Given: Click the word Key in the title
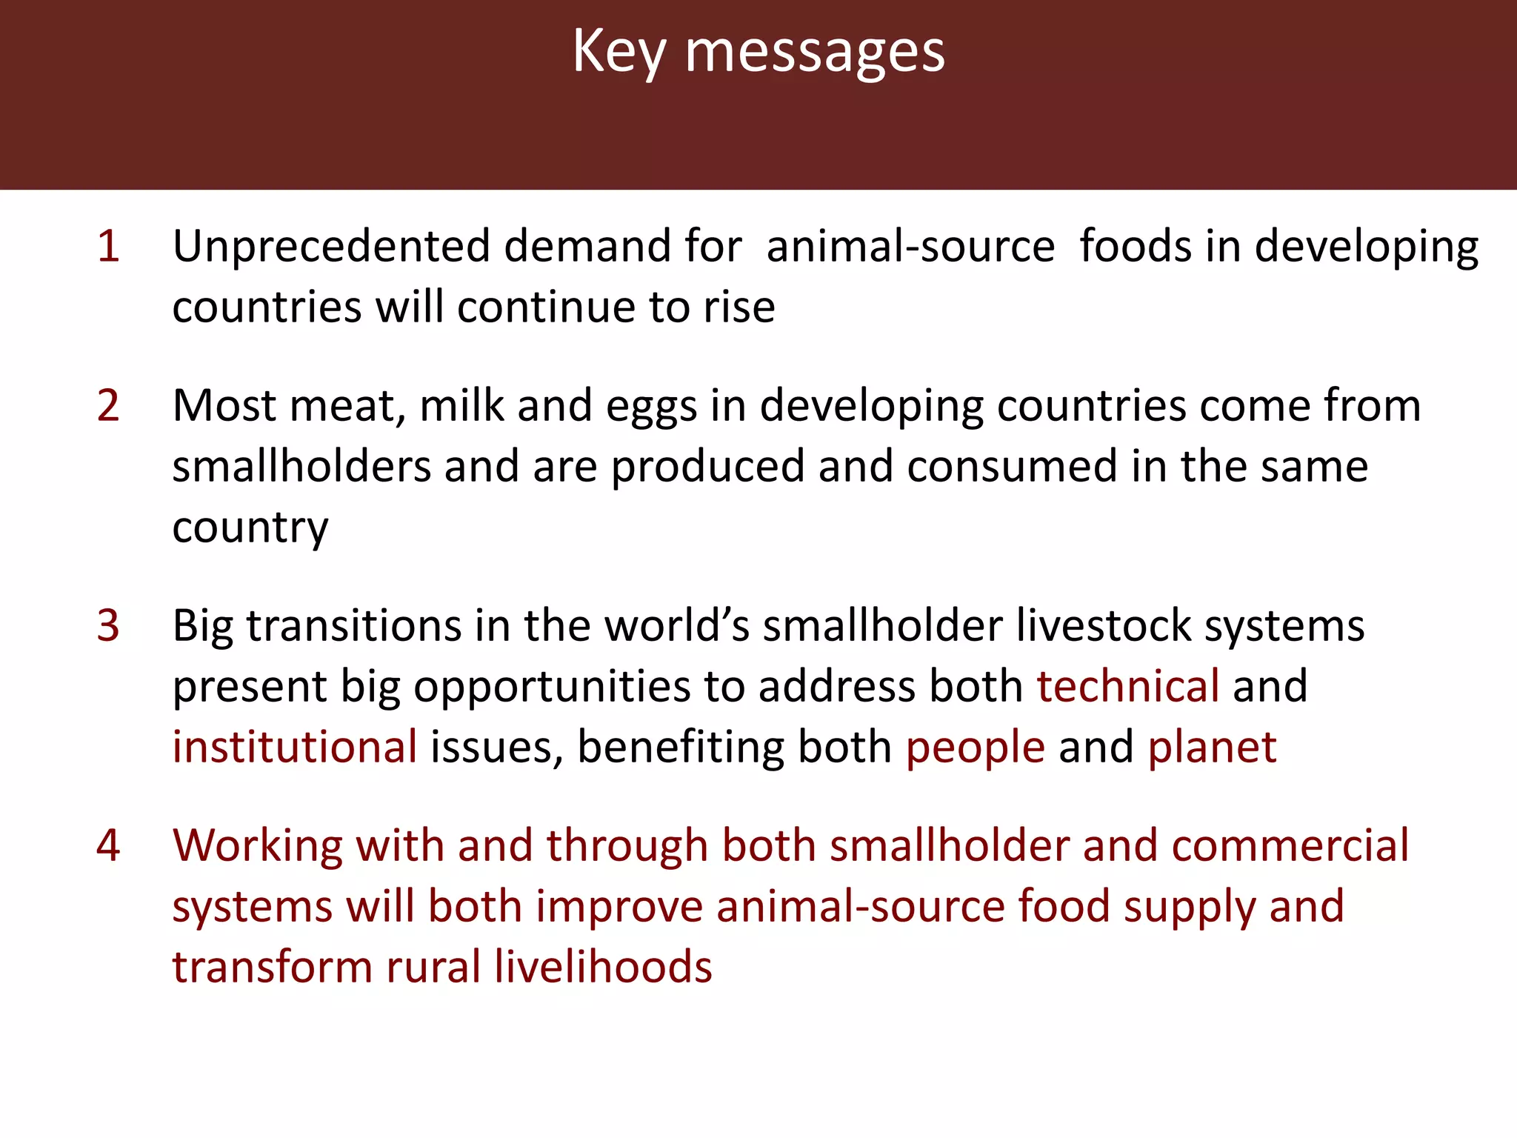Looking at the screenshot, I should pyautogui.click(x=619, y=52).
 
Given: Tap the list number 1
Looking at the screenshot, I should pyautogui.click(x=108, y=246).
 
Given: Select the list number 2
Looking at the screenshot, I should pyautogui.click(x=108, y=405).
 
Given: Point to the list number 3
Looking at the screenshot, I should pyautogui.click(x=108, y=625).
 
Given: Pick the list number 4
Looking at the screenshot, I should pyautogui.click(x=108, y=845).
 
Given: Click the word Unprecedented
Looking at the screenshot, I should pyautogui.click(x=331, y=246).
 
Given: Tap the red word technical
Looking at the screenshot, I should pyautogui.click(x=1127, y=686).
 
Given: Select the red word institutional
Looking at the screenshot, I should pyautogui.click(x=295, y=747).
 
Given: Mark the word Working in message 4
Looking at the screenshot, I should pyautogui.click(x=258, y=845).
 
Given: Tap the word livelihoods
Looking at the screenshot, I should pyautogui.click(x=603, y=967).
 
